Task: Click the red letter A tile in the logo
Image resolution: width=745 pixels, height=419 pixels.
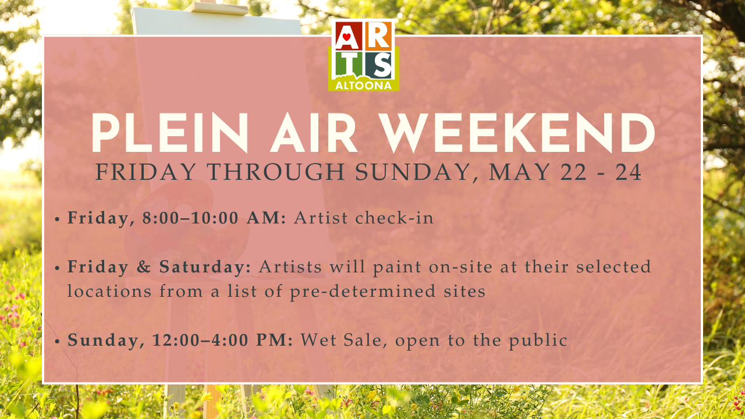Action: coord(346,36)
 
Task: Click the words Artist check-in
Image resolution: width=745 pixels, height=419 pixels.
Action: coord(364,218)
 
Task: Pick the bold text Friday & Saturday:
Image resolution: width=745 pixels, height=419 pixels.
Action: coord(159,267)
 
